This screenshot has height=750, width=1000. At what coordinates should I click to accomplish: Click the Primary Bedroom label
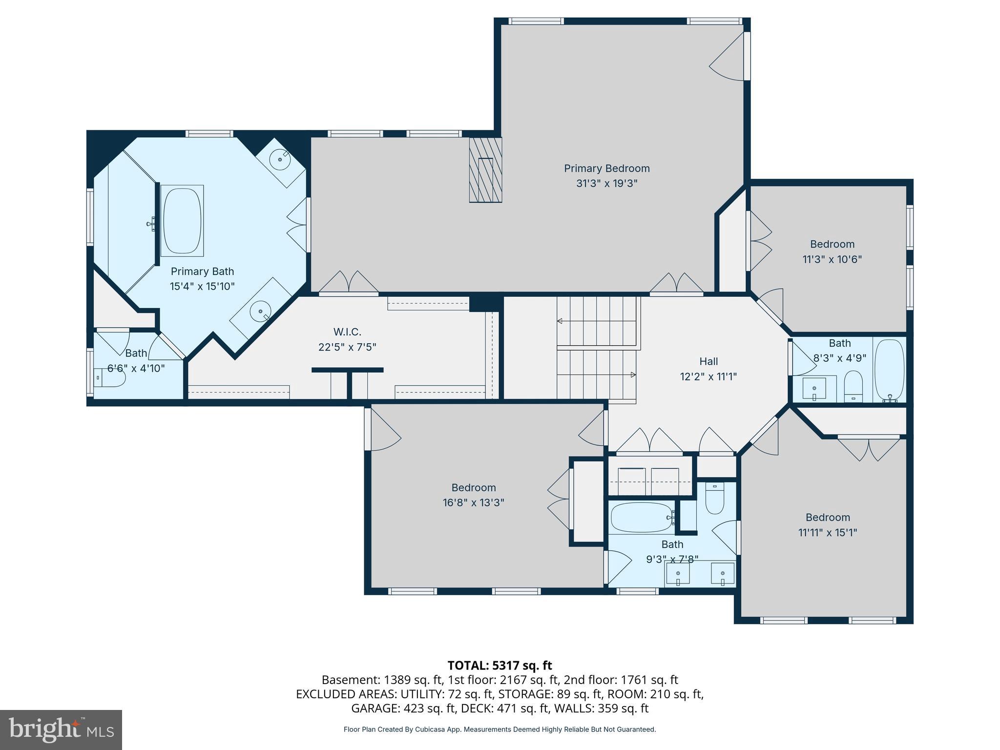point(606,168)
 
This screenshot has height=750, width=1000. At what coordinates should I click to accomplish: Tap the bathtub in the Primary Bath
point(182,221)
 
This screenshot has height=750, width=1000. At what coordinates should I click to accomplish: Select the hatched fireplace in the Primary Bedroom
point(485,170)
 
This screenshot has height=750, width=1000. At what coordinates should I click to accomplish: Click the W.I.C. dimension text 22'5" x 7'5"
point(347,347)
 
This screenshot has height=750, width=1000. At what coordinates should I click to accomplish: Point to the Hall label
point(708,361)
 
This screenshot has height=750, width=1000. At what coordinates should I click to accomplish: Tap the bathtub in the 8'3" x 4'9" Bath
point(889,370)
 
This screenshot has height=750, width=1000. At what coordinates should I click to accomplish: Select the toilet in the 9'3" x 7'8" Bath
point(715,499)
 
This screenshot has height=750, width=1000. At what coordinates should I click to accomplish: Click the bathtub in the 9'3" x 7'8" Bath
point(641,518)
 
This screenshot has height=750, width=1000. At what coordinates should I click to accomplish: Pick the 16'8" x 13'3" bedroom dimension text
point(473,502)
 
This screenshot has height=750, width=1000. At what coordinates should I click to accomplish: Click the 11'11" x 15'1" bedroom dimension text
point(828,532)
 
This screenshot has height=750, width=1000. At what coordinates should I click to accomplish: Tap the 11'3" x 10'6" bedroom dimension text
point(832,259)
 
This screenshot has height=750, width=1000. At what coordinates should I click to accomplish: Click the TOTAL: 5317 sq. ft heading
point(500,665)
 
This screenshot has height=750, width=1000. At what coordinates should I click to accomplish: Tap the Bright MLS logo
point(61,729)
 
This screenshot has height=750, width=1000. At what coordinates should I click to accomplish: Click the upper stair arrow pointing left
point(560,321)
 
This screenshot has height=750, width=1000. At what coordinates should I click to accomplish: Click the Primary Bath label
point(202,271)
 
